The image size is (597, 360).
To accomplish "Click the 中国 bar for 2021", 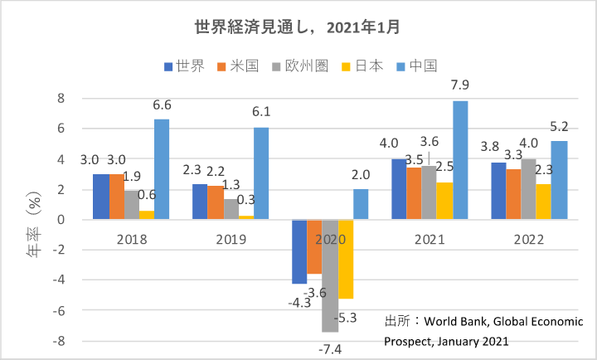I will click(461, 160).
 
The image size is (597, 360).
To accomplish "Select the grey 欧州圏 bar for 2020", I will click(329, 275).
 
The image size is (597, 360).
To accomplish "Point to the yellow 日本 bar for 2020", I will click(345, 259).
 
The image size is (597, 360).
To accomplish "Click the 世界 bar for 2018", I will click(100, 197).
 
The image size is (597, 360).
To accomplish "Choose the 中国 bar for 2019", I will click(261, 173).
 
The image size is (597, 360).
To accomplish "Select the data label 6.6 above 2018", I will click(162, 106).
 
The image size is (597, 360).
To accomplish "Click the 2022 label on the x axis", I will click(527, 241).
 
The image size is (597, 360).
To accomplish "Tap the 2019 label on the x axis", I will click(231, 241).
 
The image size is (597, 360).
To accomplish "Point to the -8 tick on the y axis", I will click(59, 341).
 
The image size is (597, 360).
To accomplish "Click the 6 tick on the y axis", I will click(61, 129).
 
